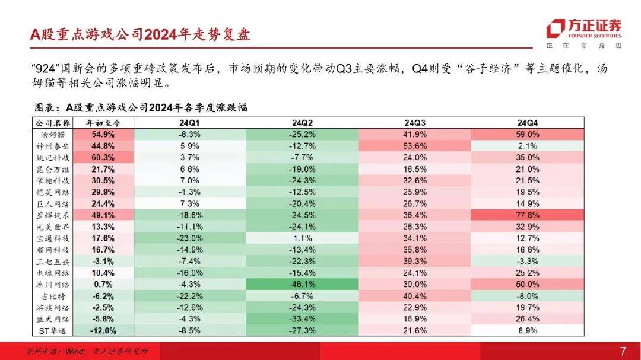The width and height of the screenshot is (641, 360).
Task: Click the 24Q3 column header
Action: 415,123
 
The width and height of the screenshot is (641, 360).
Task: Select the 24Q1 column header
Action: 189,123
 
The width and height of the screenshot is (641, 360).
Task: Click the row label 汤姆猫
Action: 52,135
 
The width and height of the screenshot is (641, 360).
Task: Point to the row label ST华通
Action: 52,330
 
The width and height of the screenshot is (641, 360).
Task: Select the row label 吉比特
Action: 52,295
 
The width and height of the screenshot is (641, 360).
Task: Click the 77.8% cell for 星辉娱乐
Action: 528,215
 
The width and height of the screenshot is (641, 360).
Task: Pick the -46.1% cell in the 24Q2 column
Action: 302,283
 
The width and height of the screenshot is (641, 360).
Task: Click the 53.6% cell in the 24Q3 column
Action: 415,146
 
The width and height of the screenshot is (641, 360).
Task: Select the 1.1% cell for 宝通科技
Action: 302,238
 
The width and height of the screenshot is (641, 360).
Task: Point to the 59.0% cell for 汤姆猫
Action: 528,135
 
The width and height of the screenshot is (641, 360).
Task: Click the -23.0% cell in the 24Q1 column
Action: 189,238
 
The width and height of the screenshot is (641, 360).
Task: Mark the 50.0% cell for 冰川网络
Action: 528,283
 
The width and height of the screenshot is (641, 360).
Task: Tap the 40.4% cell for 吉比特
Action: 415,295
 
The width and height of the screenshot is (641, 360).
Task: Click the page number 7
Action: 623,351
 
